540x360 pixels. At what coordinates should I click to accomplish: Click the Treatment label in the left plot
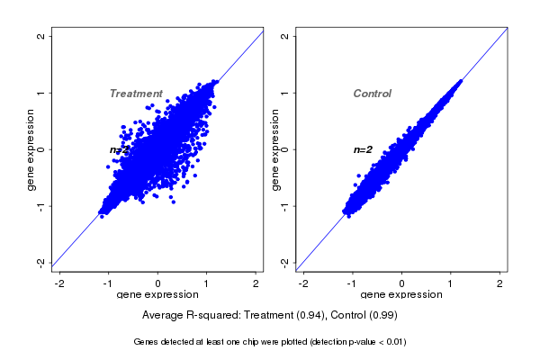coord(136,94)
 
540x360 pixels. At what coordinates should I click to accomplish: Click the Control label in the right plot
coord(373,94)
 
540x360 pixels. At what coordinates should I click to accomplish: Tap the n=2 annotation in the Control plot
coord(363,149)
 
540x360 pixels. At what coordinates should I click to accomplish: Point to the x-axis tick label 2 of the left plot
coord(256,283)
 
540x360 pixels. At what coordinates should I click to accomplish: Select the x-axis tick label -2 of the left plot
coord(60,283)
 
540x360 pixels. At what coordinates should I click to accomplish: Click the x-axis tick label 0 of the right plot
coord(402,283)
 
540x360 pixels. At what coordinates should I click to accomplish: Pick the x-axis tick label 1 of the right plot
coord(451,283)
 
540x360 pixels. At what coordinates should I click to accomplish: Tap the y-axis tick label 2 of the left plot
coord(40,36)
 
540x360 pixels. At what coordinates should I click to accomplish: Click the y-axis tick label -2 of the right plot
coord(284,262)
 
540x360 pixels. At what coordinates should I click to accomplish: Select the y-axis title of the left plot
coord(31,149)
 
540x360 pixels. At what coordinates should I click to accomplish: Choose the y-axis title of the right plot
coord(274,149)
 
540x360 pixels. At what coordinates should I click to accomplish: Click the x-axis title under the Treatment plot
coord(158,295)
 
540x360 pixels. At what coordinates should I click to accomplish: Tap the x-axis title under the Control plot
coord(401,295)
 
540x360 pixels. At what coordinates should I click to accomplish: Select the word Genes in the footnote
coord(147,342)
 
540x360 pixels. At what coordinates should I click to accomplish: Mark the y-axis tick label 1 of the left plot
coord(40,93)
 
